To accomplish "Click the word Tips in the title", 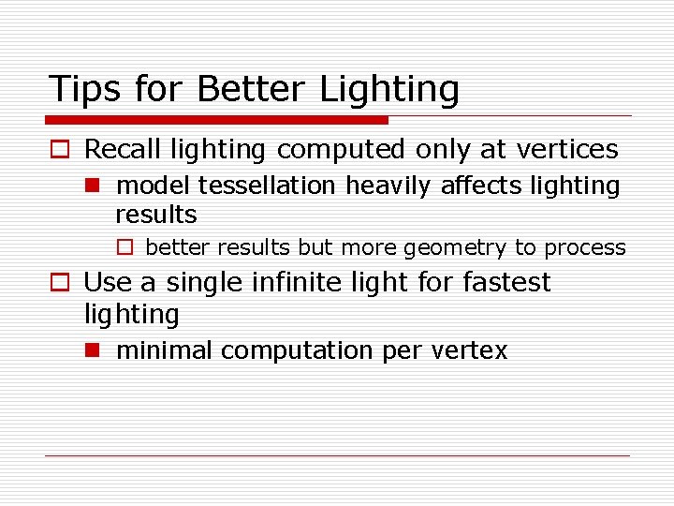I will click(84, 89).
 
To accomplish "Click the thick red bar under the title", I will click(217, 120).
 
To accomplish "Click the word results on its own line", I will click(155, 215).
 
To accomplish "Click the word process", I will click(585, 248).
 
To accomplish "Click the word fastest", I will click(505, 282).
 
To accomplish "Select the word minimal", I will click(165, 350).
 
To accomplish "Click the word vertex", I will click(470, 351).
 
